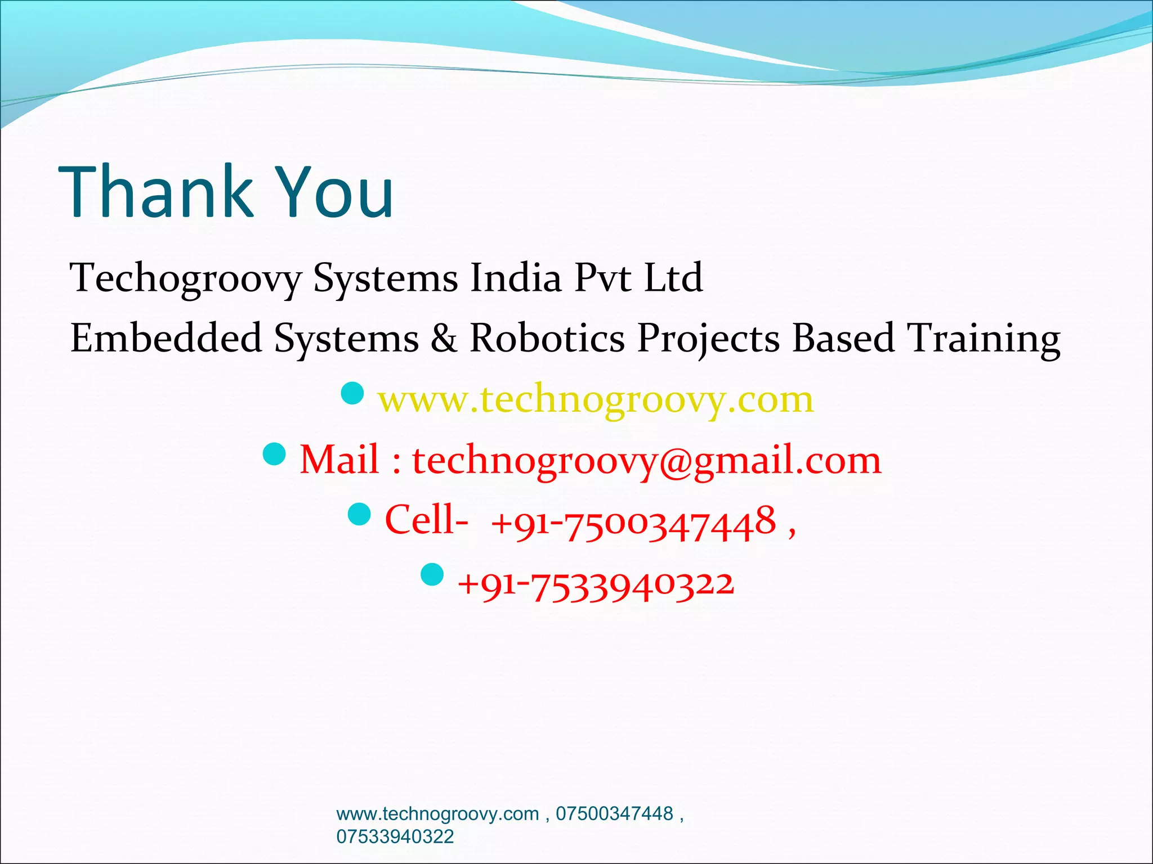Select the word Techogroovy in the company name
pos(186,278)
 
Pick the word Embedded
pos(166,338)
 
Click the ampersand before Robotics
pos(444,338)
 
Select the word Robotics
pos(547,338)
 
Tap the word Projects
pos(708,339)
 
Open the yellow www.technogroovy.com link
pos(596,400)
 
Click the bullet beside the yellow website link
pos(353,393)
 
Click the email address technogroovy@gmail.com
pos(647,461)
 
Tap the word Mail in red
pos(339,460)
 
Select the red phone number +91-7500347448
pos(633,523)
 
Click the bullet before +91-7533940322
pos(432,574)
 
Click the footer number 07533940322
pos(395,836)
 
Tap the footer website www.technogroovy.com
pos(437,814)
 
